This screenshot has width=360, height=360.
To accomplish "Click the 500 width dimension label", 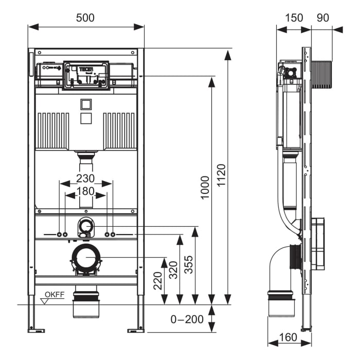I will pos(85,17).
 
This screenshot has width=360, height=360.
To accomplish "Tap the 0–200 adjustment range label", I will pos(187,319).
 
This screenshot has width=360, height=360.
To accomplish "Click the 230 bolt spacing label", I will pos(85,178).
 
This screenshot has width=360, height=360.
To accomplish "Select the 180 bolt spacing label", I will pos(85,191).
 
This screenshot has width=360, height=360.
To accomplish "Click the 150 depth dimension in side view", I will pos(294,17).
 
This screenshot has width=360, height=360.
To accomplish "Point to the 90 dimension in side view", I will pos(322,17).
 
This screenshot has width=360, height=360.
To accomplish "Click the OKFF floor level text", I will pos(55,294).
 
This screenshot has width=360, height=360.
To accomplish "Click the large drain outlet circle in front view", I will pos(85,257).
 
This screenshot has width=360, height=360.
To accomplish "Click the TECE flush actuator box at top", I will pos(86,76).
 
